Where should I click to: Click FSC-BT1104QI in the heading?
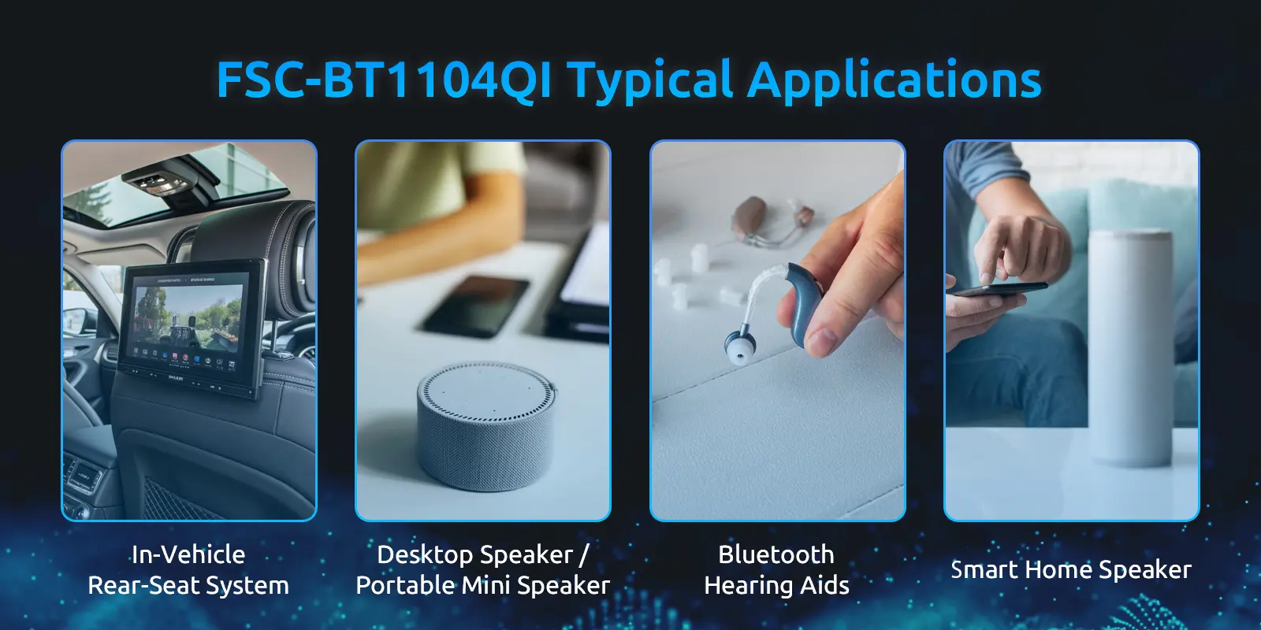(x=384, y=80)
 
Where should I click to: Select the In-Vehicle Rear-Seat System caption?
(x=188, y=569)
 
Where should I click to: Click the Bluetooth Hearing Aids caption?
(x=776, y=569)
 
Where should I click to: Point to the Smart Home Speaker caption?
(x=1070, y=569)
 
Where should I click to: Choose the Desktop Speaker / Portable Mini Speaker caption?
(x=482, y=569)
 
